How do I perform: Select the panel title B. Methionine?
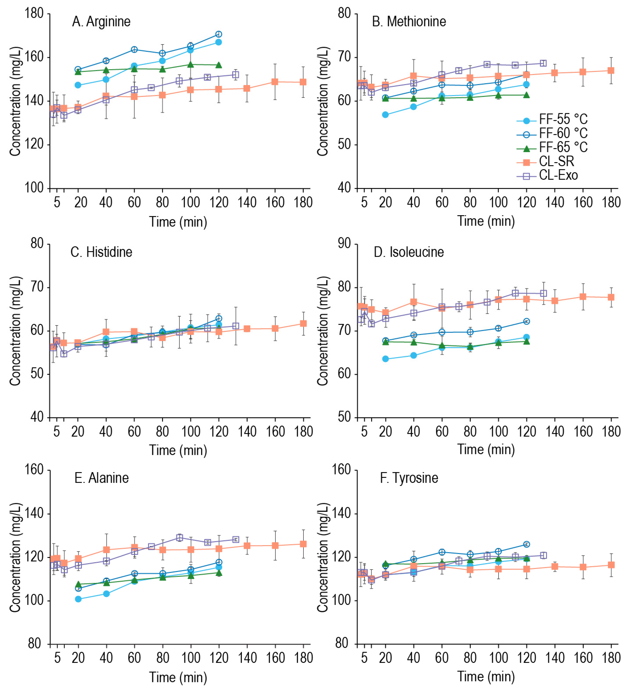click(409, 22)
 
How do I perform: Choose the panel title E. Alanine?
click(101, 478)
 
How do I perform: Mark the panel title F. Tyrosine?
click(409, 478)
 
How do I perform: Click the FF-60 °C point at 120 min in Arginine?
click(219, 34)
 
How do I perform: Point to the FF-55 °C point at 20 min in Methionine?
click(386, 115)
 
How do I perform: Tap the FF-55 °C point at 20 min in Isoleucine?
click(386, 359)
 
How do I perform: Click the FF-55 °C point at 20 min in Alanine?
click(78, 599)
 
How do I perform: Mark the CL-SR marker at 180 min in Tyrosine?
click(611, 565)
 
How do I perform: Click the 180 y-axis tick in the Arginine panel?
click(34, 14)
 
